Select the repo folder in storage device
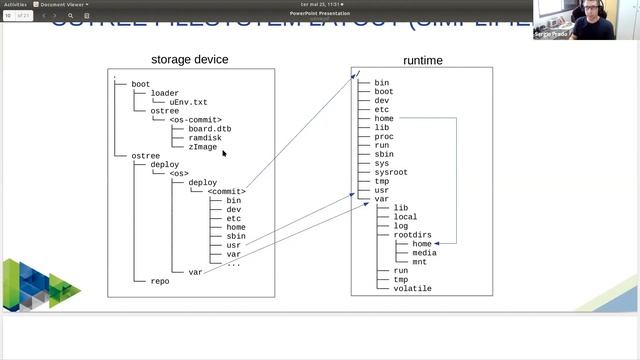pyautogui.click(x=160, y=281)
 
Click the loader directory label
pyautogui.click(x=164, y=93)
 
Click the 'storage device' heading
pyautogui.click(x=189, y=60)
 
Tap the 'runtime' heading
pyautogui.click(x=422, y=61)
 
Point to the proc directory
pyautogui.click(x=383, y=136)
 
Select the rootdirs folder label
pyautogui.click(x=412, y=234)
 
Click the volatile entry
pyautogui.click(x=412, y=288)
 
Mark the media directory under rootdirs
pyautogui.click(x=424, y=252)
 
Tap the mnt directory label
pyautogui.click(x=420, y=261)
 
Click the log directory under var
pyautogui.click(x=400, y=225)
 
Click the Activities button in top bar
pyautogui.click(x=15, y=4)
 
